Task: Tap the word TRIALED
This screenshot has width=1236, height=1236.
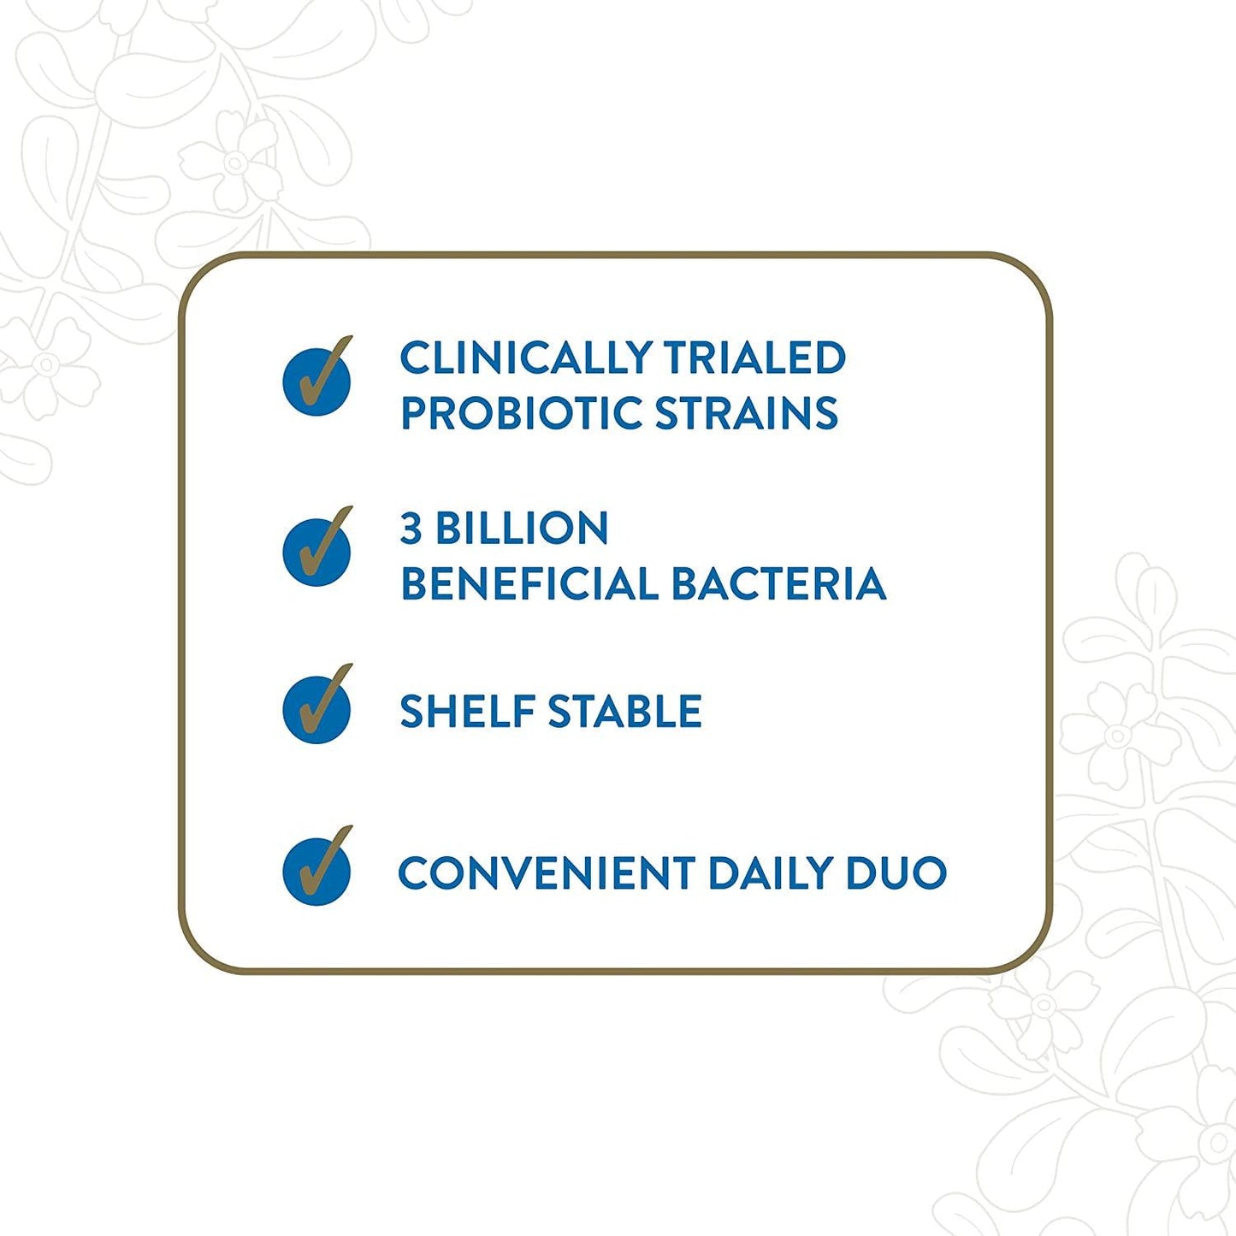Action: coord(754,358)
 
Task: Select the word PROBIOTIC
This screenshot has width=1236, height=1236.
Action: coord(521,413)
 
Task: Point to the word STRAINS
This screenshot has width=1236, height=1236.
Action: coord(747,413)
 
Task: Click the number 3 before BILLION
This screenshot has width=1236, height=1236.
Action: coord(411,529)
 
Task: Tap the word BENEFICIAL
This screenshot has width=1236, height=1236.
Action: coord(528,584)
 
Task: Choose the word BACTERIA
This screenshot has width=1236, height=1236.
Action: coord(778,584)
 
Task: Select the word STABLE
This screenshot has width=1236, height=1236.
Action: coord(625,712)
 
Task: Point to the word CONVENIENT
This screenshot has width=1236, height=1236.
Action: coord(547,873)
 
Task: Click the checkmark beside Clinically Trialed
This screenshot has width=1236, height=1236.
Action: coord(317,378)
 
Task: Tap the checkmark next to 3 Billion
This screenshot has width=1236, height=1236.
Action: coord(317,548)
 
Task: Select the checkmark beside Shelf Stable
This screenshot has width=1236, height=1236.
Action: coord(317,707)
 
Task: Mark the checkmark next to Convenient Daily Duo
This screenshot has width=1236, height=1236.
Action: coord(317,868)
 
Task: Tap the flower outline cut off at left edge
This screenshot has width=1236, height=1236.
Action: coord(43,366)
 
